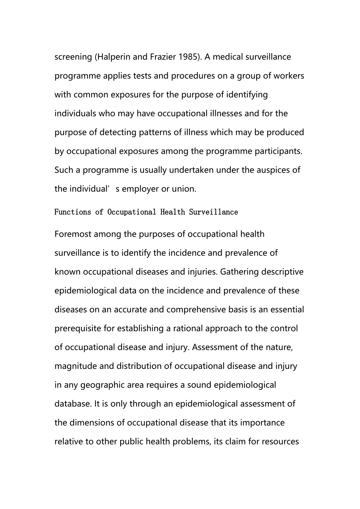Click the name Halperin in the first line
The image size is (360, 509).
tap(113, 57)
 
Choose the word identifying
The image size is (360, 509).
tap(247, 95)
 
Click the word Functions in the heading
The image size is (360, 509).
tap(72, 212)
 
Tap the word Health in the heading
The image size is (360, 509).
tap(172, 212)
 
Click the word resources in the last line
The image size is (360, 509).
tap(281, 442)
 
